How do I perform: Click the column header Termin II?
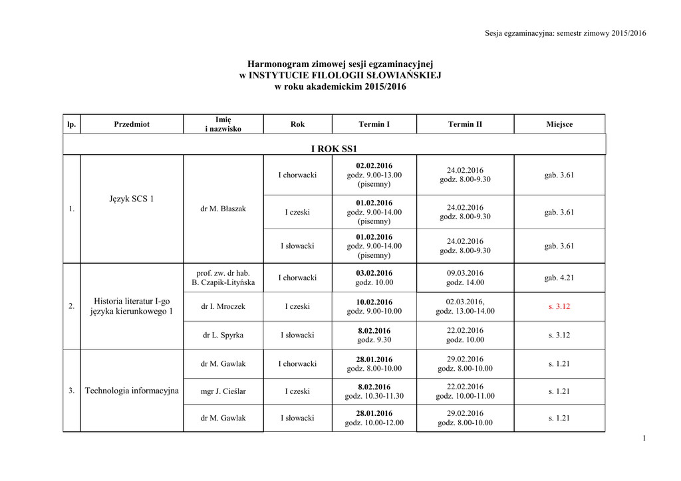click(465, 124)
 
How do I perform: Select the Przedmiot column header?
click(132, 124)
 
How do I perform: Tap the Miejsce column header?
click(559, 124)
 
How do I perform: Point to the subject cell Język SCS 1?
click(132, 199)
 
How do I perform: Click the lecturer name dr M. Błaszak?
click(223, 209)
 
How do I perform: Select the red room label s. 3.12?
click(559, 307)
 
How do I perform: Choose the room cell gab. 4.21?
click(559, 278)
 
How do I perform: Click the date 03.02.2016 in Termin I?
click(374, 273)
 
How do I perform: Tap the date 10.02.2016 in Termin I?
click(374, 302)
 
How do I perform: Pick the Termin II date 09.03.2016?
click(465, 273)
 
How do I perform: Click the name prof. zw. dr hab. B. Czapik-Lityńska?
click(223, 278)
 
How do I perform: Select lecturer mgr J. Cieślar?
click(223, 391)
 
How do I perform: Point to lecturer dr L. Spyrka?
click(223, 336)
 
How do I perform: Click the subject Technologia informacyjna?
click(132, 391)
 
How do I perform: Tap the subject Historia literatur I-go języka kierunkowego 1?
click(132, 306)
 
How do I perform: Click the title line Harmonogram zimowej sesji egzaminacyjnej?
click(340, 64)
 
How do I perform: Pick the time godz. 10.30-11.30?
click(374, 396)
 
